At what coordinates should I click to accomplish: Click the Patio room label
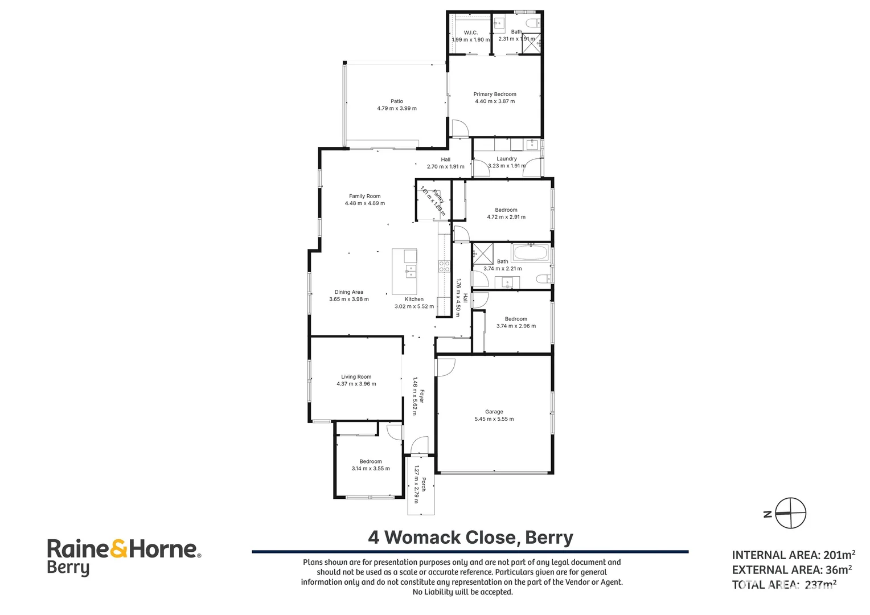[397, 101]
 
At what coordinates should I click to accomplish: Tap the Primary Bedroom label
[495, 95]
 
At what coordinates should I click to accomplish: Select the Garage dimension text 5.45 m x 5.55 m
[494, 419]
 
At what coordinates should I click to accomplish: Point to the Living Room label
[356, 377]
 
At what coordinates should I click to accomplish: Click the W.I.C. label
[470, 32]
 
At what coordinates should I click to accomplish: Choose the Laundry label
[506, 159]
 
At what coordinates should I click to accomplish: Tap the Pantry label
[438, 197]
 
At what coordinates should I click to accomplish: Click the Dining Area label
[348, 292]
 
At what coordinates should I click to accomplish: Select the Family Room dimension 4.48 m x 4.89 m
[364, 203]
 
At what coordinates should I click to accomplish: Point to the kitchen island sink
[410, 270]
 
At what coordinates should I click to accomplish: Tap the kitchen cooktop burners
[444, 266]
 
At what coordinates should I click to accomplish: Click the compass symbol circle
[791, 513]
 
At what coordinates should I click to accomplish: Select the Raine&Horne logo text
[124, 550]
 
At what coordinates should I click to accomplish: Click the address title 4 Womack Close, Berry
[470, 538]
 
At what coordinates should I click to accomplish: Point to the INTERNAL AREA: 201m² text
[793, 555]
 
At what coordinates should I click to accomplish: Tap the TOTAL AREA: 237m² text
[784, 584]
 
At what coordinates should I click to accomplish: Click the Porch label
[424, 485]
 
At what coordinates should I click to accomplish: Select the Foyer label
[422, 396]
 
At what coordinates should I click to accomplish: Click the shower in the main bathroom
[483, 253]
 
